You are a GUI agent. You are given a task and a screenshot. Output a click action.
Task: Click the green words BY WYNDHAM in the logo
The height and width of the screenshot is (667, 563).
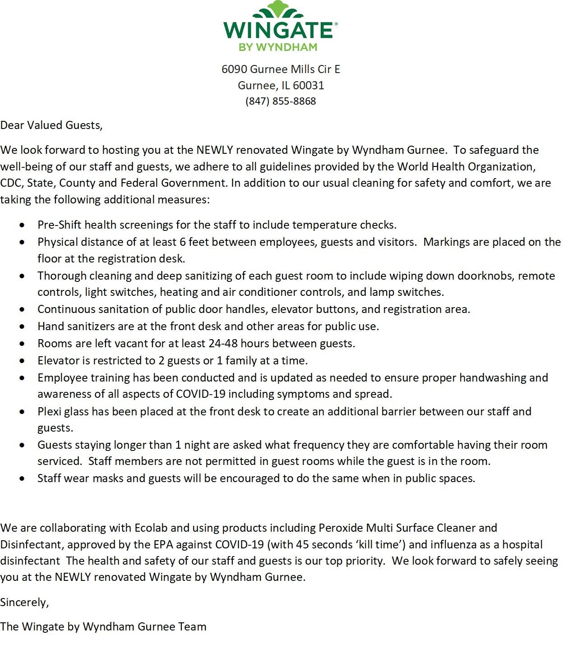pyautogui.click(x=278, y=47)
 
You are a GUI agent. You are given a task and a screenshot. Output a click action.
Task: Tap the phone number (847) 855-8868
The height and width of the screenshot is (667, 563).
pyautogui.click(x=281, y=101)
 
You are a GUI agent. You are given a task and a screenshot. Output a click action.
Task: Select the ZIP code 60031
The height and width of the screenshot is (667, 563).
pyautogui.click(x=309, y=85)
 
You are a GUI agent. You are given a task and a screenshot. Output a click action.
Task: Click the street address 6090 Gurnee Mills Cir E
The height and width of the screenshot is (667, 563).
pyautogui.click(x=281, y=69)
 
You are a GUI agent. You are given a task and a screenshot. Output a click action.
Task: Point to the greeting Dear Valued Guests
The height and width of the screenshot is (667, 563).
pyautogui.click(x=51, y=125)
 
